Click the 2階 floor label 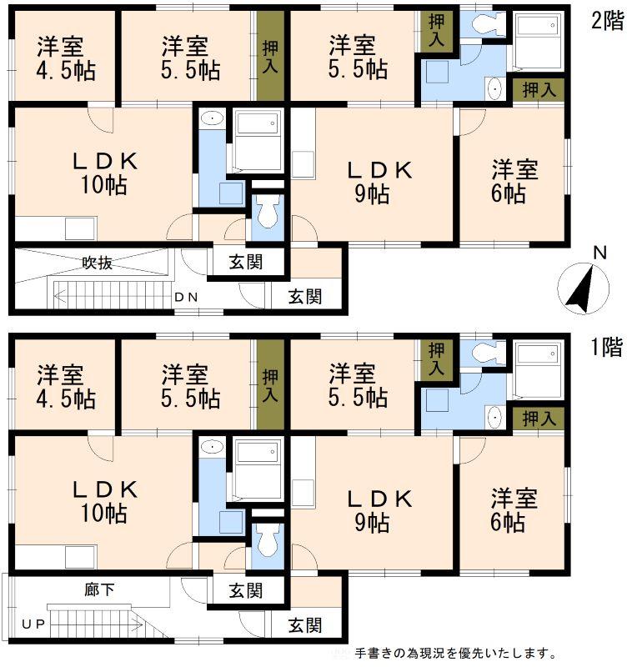tap(608, 20)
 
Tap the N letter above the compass tap(599, 253)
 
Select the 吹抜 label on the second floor tap(98, 263)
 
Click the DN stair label tap(186, 298)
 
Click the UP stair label tap(33, 624)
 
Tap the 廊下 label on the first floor tap(99, 589)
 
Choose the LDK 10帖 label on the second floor tap(105, 173)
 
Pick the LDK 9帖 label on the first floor tap(379, 511)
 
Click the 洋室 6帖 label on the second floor tap(514, 181)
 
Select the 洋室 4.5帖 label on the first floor tap(66, 386)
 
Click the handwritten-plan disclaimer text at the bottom tap(456, 653)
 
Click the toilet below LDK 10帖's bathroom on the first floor tap(267, 543)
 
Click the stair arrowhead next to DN tap(60, 297)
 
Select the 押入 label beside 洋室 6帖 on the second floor tap(539, 90)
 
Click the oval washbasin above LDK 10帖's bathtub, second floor tap(212, 118)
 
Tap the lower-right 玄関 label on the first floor tap(305, 626)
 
